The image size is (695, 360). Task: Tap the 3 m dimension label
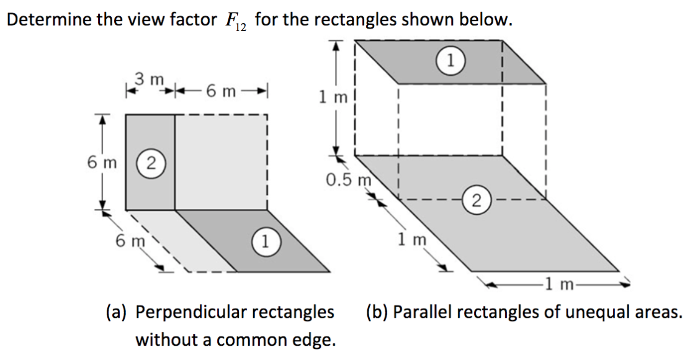pos(149,80)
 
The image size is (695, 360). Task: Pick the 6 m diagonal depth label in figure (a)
pos(129,239)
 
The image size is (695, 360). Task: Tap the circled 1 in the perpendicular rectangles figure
pos(266,240)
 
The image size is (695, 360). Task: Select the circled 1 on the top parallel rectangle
pos(452,60)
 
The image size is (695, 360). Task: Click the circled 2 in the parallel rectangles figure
pos(476,199)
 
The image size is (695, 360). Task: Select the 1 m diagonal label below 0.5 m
pos(410,237)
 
